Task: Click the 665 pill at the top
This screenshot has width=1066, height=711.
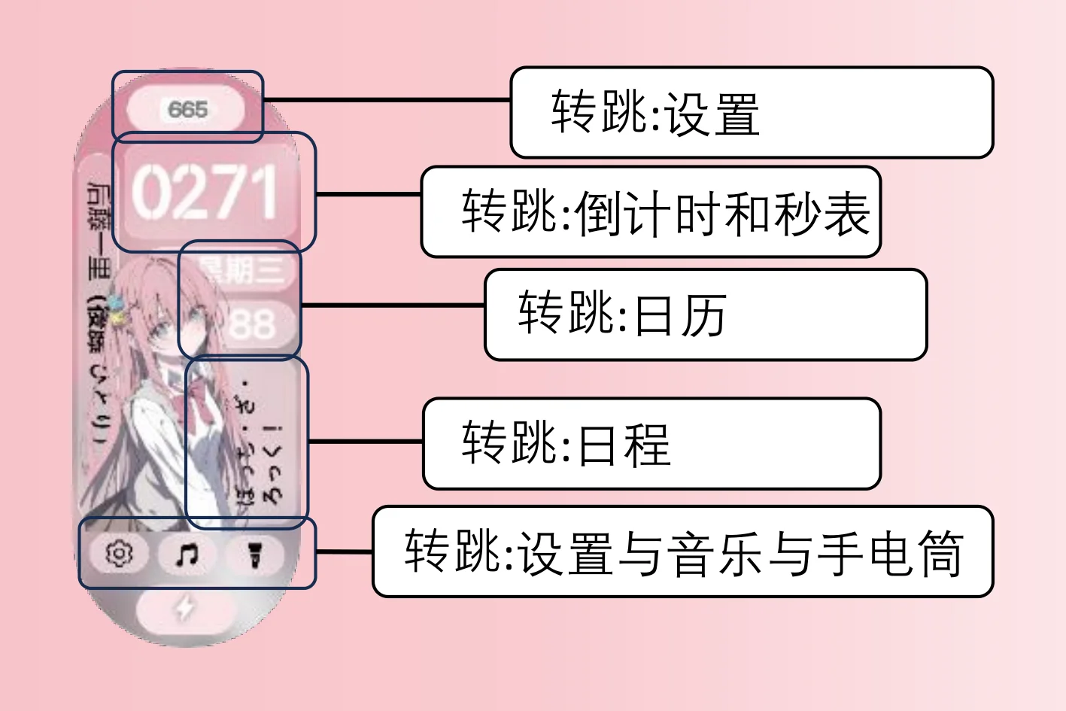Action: point(187,110)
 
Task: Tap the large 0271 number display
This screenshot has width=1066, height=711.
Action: point(205,193)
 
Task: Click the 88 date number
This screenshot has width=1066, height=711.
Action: point(251,325)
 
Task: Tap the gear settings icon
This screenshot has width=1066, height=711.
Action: point(119,554)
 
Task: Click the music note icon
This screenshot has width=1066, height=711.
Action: point(187,555)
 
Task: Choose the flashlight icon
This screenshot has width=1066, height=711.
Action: point(254,555)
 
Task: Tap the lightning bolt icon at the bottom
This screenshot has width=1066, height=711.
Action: point(185,608)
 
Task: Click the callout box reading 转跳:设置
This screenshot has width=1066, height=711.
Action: point(752,113)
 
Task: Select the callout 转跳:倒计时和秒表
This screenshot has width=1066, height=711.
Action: point(650,212)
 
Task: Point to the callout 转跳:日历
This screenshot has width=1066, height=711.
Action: point(705,314)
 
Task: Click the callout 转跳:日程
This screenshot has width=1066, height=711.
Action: point(651,444)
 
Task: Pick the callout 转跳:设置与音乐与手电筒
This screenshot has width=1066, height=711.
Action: point(682,551)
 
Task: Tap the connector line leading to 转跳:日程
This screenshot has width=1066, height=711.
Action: point(366,442)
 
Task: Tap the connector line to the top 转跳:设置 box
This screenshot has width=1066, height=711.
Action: point(387,99)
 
